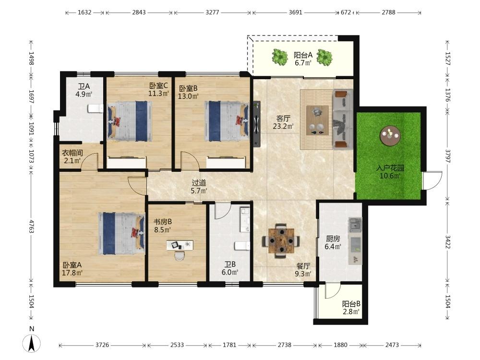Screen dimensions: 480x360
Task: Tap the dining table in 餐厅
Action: (x=281, y=240)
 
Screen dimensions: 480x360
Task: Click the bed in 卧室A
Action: (x=121, y=233)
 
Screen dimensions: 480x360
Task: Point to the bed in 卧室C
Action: (x=130, y=121)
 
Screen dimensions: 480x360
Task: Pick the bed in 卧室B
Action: (x=227, y=121)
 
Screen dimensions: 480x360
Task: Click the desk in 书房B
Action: (x=180, y=245)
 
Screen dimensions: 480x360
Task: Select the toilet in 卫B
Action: (x=242, y=246)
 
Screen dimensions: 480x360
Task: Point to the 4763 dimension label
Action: (x=31, y=226)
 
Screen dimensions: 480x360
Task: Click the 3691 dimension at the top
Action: (x=295, y=12)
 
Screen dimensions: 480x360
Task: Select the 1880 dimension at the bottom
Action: (x=340, y=345)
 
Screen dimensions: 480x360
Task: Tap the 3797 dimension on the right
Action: (x=447, y=156)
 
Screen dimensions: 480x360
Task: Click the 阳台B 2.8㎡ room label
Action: (x=351, y=308)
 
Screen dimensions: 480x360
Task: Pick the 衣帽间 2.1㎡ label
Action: (x=72, y=156)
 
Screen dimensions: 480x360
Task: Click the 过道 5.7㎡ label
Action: (x=199, y=187)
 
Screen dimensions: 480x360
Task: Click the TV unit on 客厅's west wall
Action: (x=256, y=124)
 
